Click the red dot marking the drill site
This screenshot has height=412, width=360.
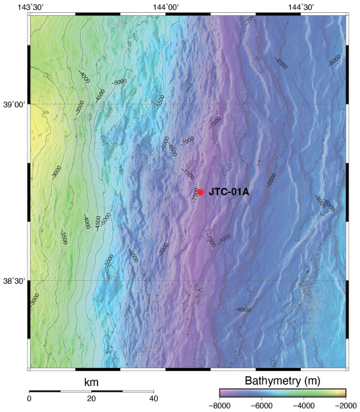[200, 192]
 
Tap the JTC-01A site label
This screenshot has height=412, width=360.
[229, 192]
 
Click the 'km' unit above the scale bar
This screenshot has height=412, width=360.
[91, 380]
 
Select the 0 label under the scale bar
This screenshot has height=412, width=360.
[30, 399]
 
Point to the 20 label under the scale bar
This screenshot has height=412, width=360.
[91, 399]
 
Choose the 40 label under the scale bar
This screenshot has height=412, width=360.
[152, 399]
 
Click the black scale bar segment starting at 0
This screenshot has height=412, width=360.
[45, 390]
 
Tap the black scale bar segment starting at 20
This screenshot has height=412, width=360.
[106, 390]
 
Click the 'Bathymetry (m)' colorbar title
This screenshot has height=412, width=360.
[282, 380]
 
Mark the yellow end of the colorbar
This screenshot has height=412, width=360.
[342, 394]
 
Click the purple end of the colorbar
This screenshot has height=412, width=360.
[222, 394]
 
